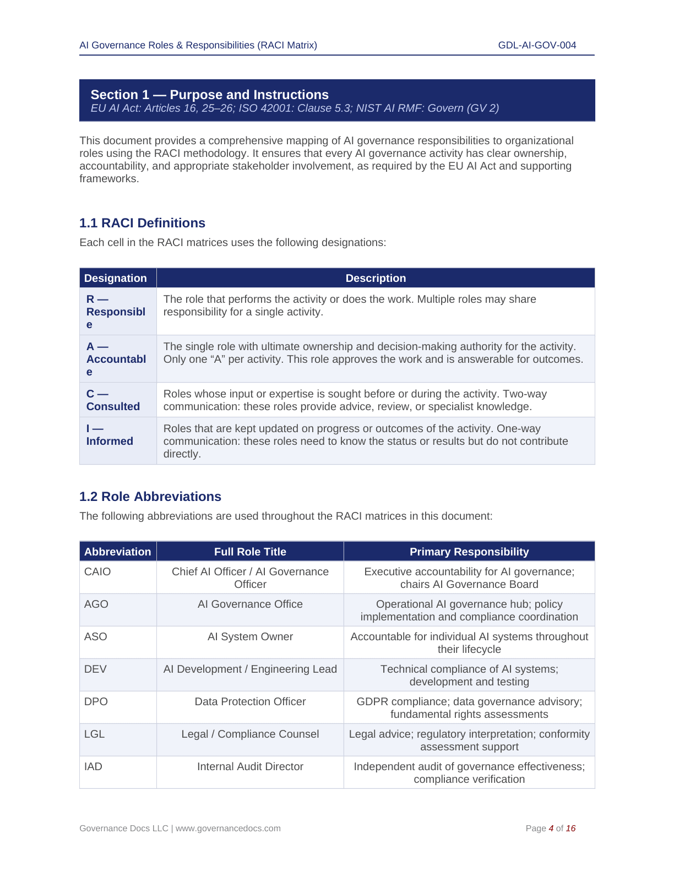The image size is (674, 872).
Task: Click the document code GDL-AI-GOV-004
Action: click(x=537, y=45)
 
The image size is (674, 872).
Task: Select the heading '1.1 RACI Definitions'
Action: click(x=142, y=223)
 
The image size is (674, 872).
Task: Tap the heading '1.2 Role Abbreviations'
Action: click(x=150, y=497)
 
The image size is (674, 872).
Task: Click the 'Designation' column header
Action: click(x=116, y=278)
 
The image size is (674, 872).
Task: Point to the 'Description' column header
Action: click(x=376, y=278)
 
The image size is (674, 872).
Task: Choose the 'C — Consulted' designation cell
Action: click(x=113, y=400)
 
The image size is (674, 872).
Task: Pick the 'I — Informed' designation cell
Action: click(x=110, y=435)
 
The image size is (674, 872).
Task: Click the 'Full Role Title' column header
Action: click(x=250, y=552)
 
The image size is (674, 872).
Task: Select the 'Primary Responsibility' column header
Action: click(x=469, y=552)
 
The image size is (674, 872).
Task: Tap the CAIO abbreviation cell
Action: click(x=97, y=572)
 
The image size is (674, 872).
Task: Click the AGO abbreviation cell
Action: click(x=96, y=604)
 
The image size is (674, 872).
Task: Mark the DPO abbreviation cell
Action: click(x=96, y=702)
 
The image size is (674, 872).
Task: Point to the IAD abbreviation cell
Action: click(x=94, y=767)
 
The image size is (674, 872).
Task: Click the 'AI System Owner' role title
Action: click(x=250, y=637)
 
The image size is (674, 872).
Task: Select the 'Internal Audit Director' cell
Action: click(x=250, y=767)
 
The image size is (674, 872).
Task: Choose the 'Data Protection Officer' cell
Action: click(x=250, y=702)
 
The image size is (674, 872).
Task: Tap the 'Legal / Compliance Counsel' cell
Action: click(x=250, y=734)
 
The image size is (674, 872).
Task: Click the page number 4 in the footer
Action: click(x=551, y=829)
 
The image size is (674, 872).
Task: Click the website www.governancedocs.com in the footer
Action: click(x=228, y=829)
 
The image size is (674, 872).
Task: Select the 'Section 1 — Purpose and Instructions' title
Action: click(x=209, y=95)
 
